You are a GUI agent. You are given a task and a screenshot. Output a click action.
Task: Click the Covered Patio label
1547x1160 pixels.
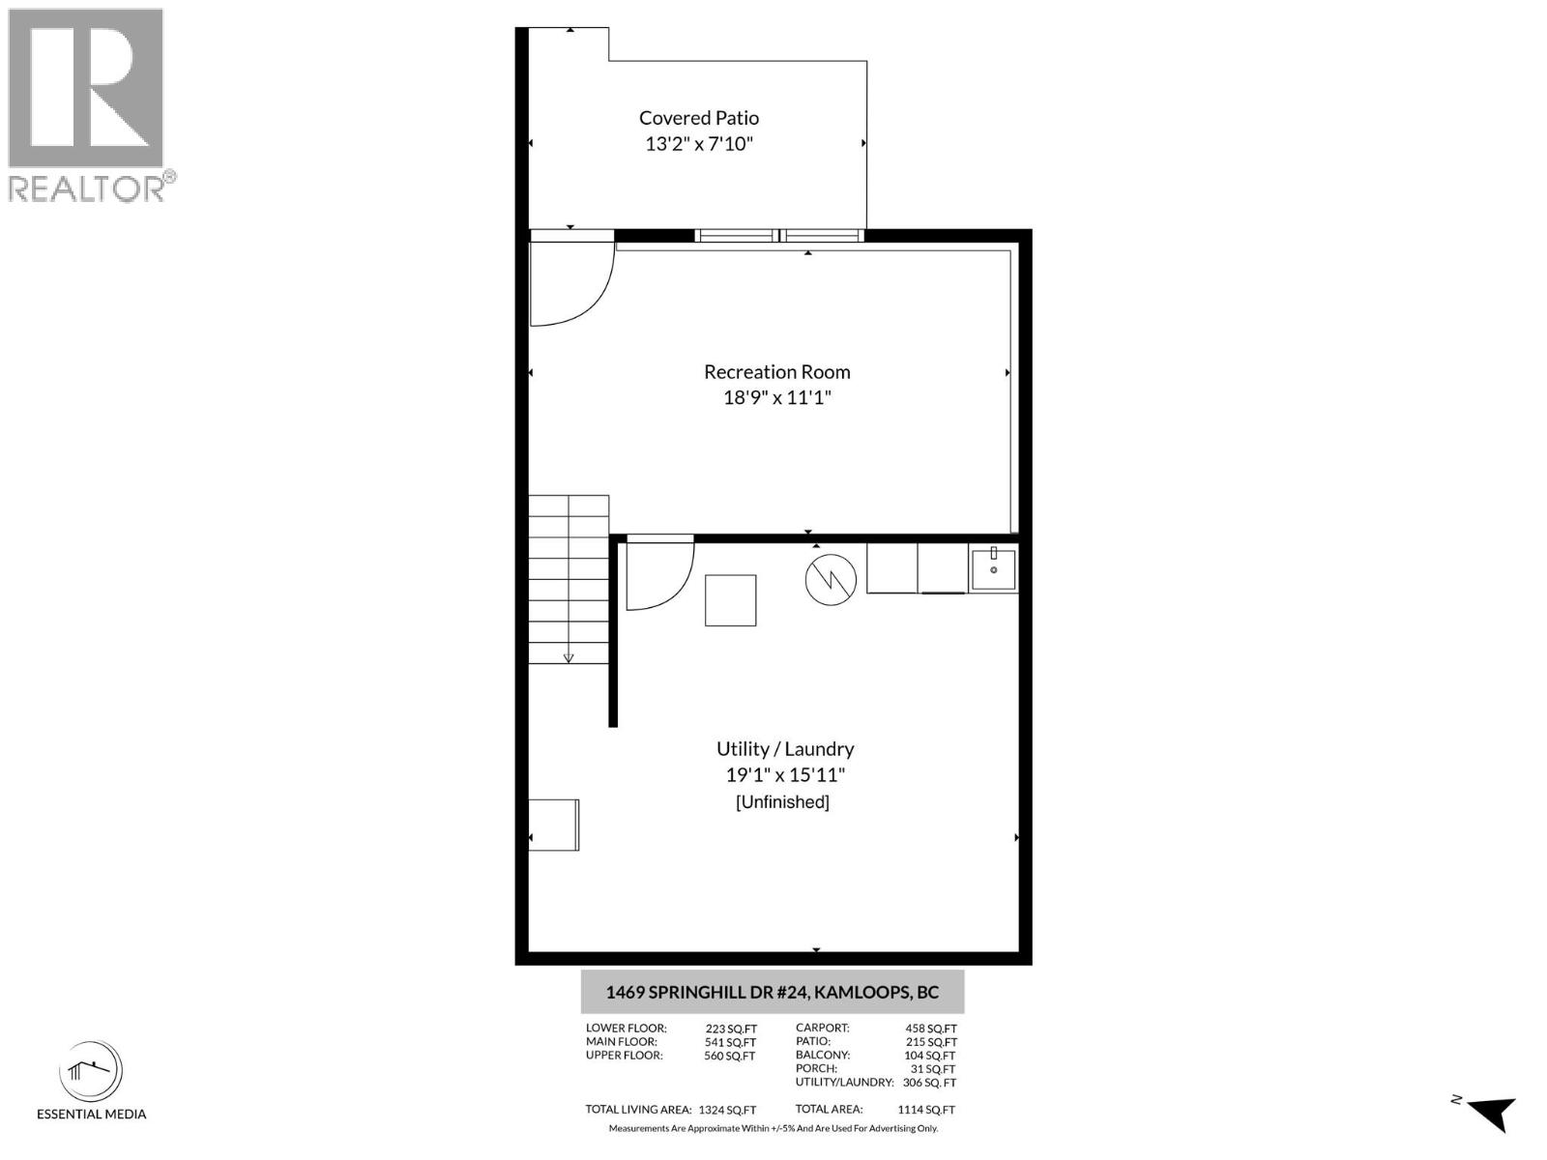coord(698,118)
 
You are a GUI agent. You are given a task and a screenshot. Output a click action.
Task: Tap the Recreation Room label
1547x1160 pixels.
coord(776,372)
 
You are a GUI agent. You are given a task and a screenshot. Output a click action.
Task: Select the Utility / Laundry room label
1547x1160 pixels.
coord(784,749)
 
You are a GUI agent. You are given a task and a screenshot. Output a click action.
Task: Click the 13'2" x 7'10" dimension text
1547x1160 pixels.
coord(698,144)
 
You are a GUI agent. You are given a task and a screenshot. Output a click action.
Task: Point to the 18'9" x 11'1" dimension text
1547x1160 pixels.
coord(776,397)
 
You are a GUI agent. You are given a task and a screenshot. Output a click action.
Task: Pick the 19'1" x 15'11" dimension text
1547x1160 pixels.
coord(784,774)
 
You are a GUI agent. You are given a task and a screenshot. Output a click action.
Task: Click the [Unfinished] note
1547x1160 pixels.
coord(782,802)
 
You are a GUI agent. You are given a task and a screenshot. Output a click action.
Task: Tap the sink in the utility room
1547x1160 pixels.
coord(993,568)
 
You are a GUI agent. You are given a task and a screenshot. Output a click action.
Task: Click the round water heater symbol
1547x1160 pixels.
coord(831,580)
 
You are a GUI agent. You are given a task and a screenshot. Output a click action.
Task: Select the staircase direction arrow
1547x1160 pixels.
coord(569,656)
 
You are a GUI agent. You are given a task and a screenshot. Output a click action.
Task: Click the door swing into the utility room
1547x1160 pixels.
coord(658,575)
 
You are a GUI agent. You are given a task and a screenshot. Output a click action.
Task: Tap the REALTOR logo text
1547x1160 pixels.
coord(92,188)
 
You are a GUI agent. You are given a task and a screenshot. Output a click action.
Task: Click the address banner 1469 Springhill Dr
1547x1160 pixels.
coord(772,993)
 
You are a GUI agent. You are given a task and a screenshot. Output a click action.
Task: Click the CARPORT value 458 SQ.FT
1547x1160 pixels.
coord(930,1029)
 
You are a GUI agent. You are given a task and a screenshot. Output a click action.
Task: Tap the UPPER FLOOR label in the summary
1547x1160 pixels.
coord(624,1056)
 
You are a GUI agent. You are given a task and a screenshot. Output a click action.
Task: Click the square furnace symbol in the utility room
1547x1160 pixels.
coord(730,600)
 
